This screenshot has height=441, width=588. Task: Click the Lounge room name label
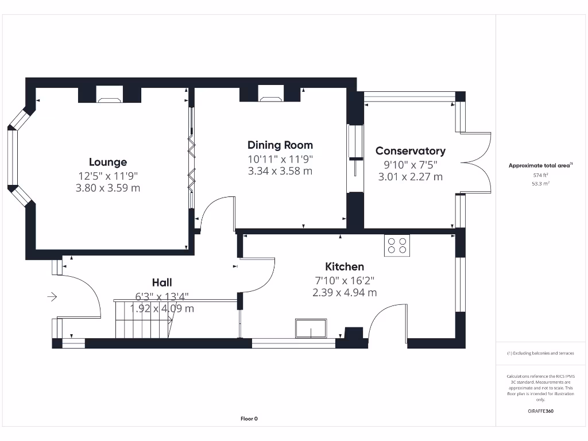pos(108,162)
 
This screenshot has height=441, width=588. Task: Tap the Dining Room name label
pos(280,145)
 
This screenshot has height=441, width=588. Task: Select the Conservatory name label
pos(410,150)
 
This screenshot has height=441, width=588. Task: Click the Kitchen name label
pos(345,266)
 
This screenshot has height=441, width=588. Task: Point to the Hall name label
pos(162,282)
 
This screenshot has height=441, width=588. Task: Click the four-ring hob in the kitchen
pos(397,245)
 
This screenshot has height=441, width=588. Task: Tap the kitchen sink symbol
pos(311,328)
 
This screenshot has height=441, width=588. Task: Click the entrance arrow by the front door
pos(52,297)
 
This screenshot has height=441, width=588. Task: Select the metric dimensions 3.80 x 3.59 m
pos(108,188)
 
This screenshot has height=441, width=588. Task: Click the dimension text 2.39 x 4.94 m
pos(345,292)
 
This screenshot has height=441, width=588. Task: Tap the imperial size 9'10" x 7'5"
pos(410,164)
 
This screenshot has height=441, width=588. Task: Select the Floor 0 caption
pos(249,419)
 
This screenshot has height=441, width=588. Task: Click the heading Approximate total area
pos(540,165)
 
